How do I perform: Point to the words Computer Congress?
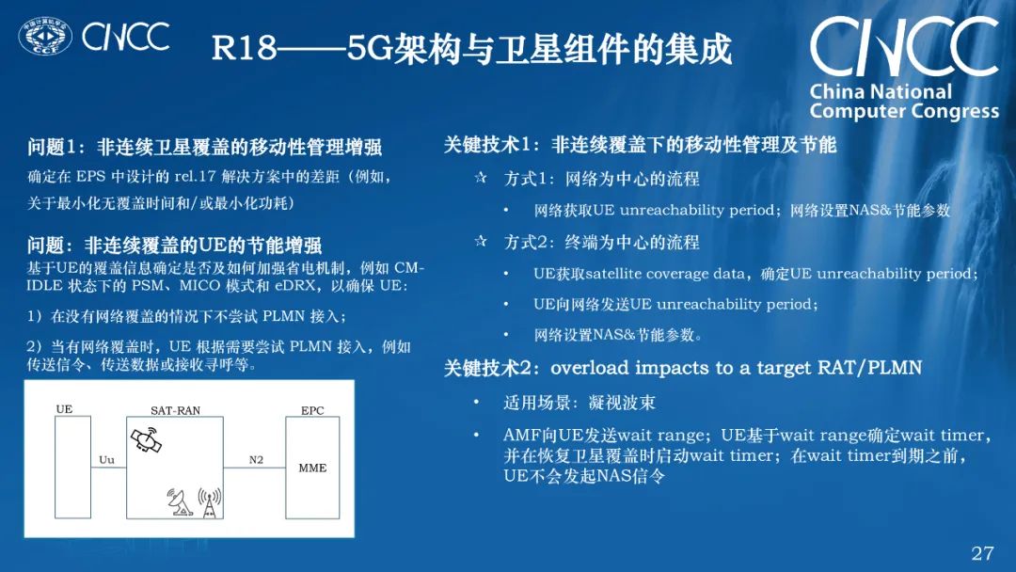(904, 111)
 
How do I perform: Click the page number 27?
(982, 552)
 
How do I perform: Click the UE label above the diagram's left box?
(64, 410)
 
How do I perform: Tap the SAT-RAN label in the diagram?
(175, 411)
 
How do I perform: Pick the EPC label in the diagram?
(312, 411)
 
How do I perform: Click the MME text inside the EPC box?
(312, 468)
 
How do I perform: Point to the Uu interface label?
(106, 459)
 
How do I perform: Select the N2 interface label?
(256, 459)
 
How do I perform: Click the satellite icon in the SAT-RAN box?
(146, 439)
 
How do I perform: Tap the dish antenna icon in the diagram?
(181, 503)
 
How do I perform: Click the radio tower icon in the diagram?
(211, 502)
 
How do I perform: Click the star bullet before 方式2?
(481, 243)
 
